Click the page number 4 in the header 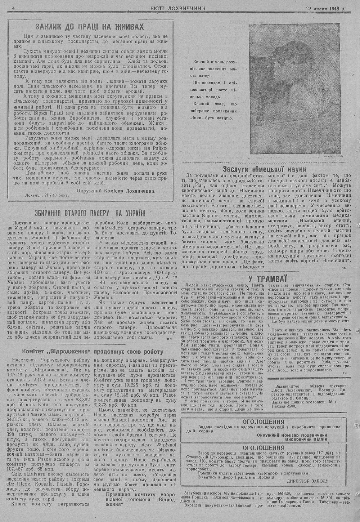point(13,8)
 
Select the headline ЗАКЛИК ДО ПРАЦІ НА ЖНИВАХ point(90,27)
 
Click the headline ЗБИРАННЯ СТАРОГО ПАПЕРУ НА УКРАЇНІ point(90,213)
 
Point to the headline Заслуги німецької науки point(265,169)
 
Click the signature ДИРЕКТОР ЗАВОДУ point(308,481)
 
